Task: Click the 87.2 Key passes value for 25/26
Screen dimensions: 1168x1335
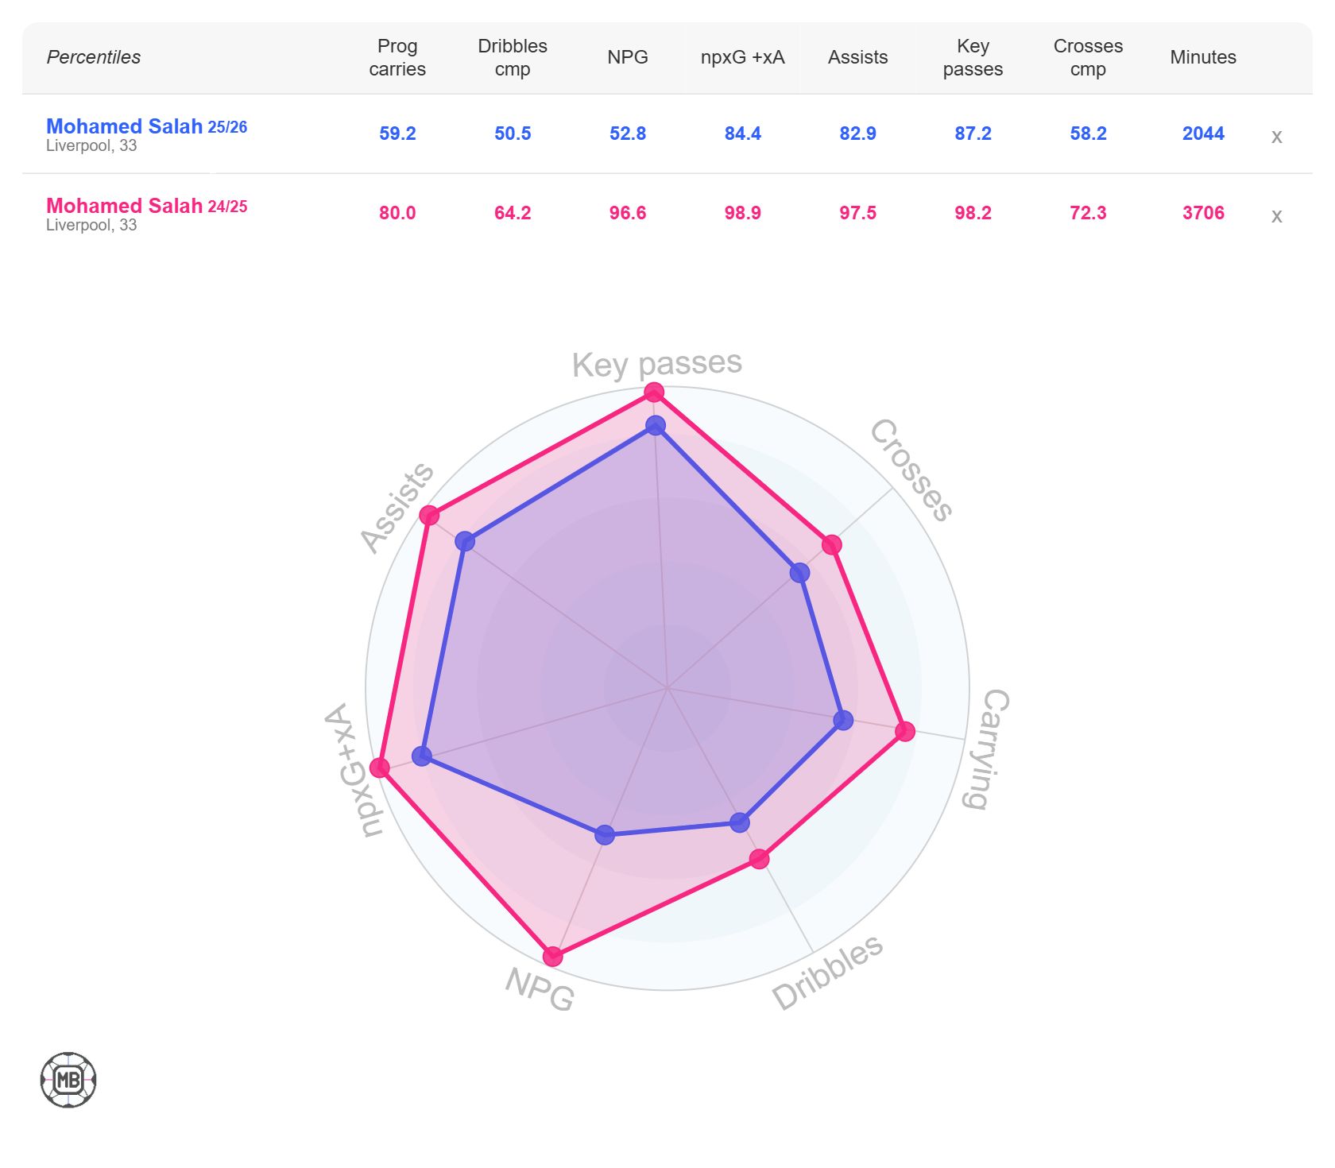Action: [973, 133]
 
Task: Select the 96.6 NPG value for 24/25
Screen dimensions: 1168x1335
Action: [627, 213]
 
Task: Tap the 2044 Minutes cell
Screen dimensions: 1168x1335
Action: [1202, 133]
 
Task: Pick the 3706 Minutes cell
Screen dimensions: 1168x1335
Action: [1202, 213]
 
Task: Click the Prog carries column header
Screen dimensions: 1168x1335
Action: [397, 57]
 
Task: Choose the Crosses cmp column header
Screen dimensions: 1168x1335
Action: [1088, 57]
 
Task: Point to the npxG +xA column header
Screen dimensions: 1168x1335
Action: [742, 57]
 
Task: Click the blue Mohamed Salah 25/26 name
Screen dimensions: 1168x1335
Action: [146, 126]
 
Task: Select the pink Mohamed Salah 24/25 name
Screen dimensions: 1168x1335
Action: [146, 206]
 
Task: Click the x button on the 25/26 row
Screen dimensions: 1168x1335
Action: [1276, 137]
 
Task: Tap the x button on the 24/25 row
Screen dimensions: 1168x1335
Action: [1276, 216]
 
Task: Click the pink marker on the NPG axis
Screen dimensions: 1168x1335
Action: [552, 956]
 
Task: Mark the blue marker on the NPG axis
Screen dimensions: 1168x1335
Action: [605, 834]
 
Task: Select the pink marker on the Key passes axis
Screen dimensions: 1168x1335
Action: [654, 392]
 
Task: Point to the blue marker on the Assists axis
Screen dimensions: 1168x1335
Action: [465, 542]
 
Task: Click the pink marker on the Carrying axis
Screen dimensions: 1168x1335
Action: [904, 731]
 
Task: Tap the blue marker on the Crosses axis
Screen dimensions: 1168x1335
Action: [799, 573]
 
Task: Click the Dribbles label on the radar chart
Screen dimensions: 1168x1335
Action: [827, 972]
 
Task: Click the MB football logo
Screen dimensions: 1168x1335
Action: [68, 1080]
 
